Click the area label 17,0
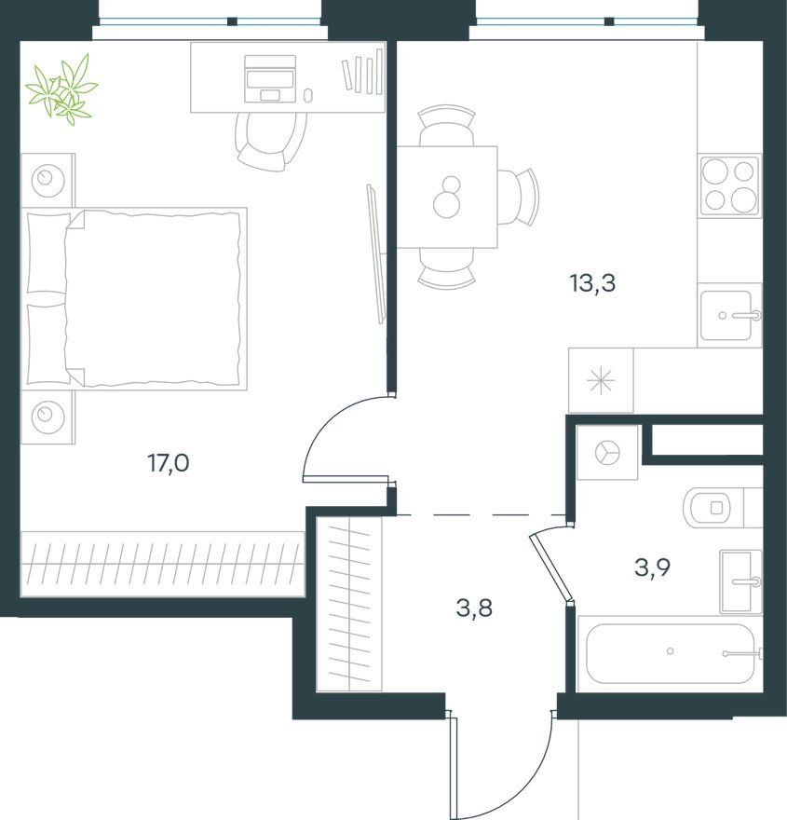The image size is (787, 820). (169, 463)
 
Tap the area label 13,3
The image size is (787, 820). (592, 283)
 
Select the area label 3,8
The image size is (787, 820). (474, 608)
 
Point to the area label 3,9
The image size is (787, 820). (652, 567)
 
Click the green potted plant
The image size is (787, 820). (61, 89)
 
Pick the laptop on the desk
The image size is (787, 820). (270, 78)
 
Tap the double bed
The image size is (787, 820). (134, 298)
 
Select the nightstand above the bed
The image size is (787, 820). (47, 180)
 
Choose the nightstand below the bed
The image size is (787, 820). (47, 417)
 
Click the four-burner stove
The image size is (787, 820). (730, 185)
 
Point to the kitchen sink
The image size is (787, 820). (730, 315)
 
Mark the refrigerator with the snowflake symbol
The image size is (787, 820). (601, 380)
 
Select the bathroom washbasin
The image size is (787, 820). (740, 581)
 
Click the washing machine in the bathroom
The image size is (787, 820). (607, 452)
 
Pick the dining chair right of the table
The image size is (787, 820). (517, 197)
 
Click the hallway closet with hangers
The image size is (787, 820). (349, 604)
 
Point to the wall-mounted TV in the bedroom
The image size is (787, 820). (376, 254)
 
